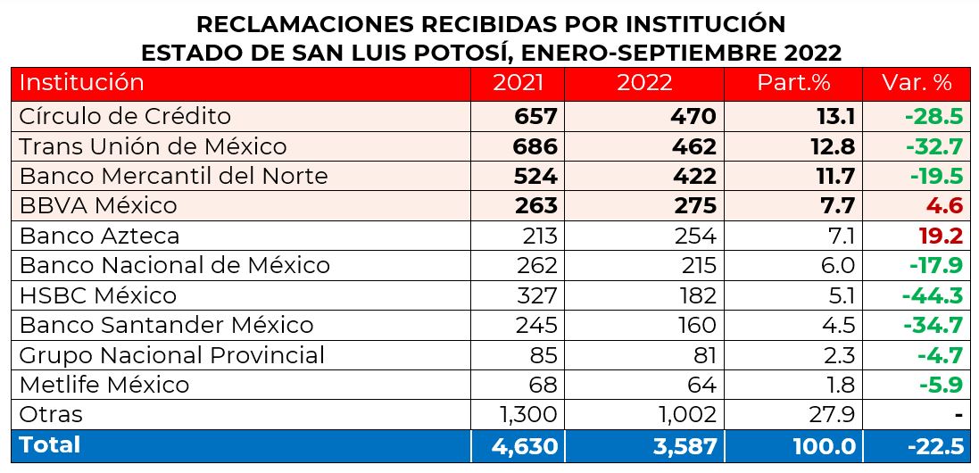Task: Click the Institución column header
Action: click(x=82, y=83)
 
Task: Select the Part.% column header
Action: click(x=793, y=83)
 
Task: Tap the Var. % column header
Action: click(x=917, y=83)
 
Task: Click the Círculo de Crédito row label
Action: click(x=125, y=116)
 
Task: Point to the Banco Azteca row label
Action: click(x=99, y=236)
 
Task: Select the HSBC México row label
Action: click(x=98, y=295)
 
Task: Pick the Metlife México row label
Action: click(x=104, y=385)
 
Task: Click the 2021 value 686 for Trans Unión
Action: click(x=535, y=146)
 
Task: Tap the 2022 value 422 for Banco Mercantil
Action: click(x=693, y=176)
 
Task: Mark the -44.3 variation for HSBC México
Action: click(x=933, y=295)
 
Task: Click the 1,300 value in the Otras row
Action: click(x=525, y=414)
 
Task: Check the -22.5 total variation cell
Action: click(x=933, y=445)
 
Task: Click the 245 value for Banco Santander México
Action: click(x=535, y=325)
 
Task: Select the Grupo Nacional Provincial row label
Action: click(x=171, y=355)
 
